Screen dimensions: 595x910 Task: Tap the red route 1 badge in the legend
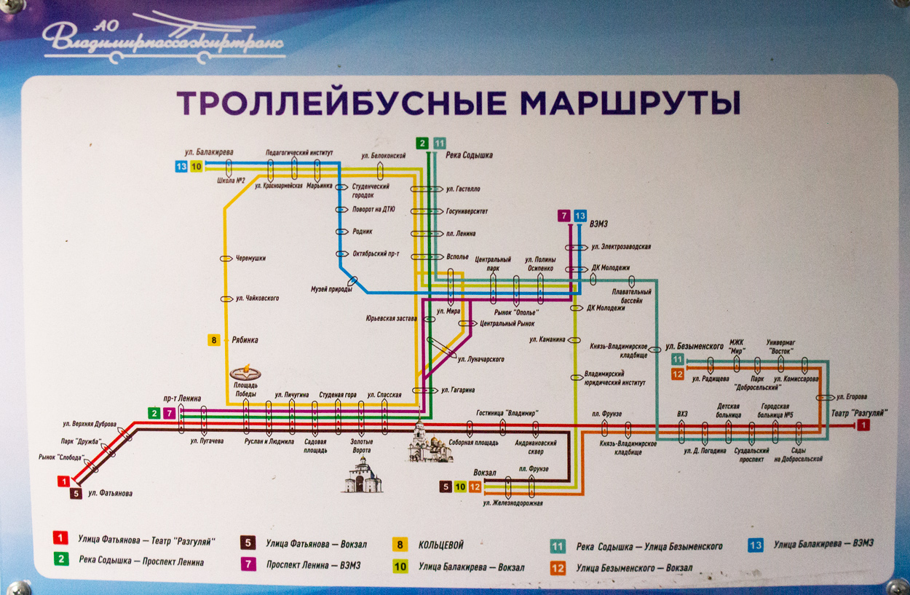coord(61,539)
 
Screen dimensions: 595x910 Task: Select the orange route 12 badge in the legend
coord(558,567)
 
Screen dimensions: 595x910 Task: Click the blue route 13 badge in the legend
coord(756,543)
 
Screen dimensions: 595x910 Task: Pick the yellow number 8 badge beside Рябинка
coord(214,339)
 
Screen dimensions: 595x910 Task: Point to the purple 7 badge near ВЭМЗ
coord(563,216)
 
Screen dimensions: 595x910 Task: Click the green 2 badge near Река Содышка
coord(422,143)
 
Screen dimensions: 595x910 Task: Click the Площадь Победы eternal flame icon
coord(245,372)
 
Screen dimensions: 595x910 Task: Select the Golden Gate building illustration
coord(362,478)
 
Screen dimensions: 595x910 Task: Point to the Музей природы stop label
coord(331,289)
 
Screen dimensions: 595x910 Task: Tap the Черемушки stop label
coord(251,258)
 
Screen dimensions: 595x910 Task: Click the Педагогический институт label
coord(299,153)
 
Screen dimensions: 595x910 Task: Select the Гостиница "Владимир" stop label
coord(507,413)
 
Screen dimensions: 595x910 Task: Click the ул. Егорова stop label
coord(852,397)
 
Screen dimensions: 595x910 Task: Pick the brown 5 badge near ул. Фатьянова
coord(76,493)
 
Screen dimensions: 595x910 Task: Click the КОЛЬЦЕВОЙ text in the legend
coord(440,545)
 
